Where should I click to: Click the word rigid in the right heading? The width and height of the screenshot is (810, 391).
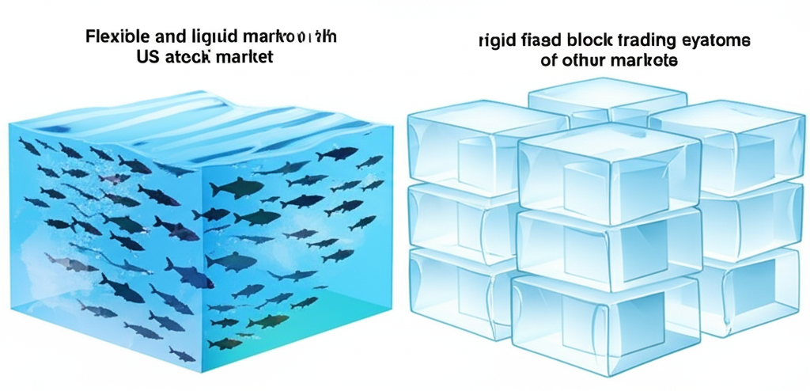(x=497, y=42)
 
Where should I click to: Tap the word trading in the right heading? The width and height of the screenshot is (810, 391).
(x=642, y=42)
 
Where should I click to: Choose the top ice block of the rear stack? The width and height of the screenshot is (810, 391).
(x=605, y=99)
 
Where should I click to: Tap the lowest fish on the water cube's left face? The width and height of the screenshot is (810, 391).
(x=182, y=355)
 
